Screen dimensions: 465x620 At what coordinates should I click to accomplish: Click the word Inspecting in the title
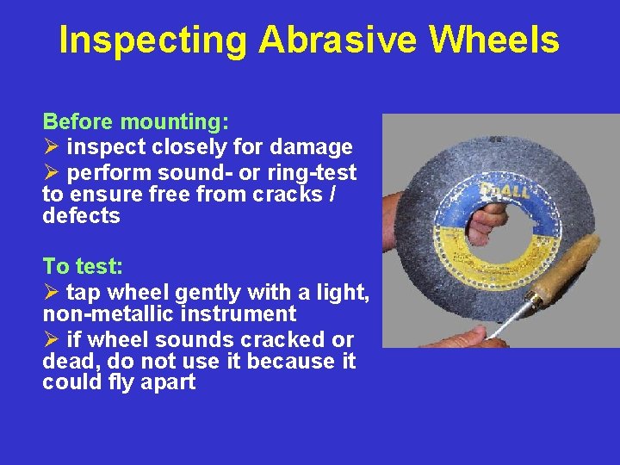[152, 40]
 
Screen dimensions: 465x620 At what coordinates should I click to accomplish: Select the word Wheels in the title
[494, 40]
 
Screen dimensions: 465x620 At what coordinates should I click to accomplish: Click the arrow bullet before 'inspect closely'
[51, 148]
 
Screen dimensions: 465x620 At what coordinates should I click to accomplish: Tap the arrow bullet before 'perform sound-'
[51, 171]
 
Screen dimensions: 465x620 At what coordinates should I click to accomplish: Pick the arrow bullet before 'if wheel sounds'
[51, 340]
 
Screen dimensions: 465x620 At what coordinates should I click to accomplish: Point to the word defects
[81, 216]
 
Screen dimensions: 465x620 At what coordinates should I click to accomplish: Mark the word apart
[165, 382]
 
